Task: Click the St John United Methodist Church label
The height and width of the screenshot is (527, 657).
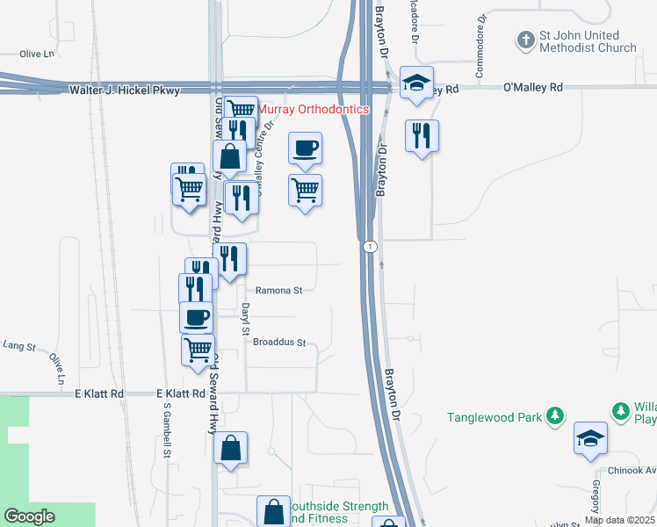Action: (x=588, y=41)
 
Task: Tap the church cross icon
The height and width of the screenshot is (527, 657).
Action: (x=525, y=40)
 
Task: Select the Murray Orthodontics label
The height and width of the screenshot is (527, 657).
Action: (x=314, y=109)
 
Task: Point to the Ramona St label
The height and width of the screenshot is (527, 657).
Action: (x=278, y=289)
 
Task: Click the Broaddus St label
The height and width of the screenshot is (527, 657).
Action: (x=278, y=343)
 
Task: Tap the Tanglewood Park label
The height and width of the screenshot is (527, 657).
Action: (x=495, y=417)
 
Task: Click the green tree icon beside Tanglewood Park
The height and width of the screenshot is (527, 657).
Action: (x=554, y=415)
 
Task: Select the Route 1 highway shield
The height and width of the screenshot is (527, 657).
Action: (x=372, y=247)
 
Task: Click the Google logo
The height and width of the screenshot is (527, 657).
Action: (x=29, y=516)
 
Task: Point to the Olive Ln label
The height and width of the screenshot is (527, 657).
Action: (x=37, y=54)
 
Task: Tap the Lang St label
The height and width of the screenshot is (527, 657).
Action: (x=18, y=347)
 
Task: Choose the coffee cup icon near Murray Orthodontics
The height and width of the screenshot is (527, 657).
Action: (x=305, y=148)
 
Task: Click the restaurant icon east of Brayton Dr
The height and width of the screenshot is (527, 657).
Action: (x=422, y=135)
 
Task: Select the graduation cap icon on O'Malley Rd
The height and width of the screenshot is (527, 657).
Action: (x=415, y=83)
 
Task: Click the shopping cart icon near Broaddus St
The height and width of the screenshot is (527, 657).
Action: (x=198, y=349)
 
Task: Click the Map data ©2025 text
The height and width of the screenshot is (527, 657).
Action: (x=619, y=520)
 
